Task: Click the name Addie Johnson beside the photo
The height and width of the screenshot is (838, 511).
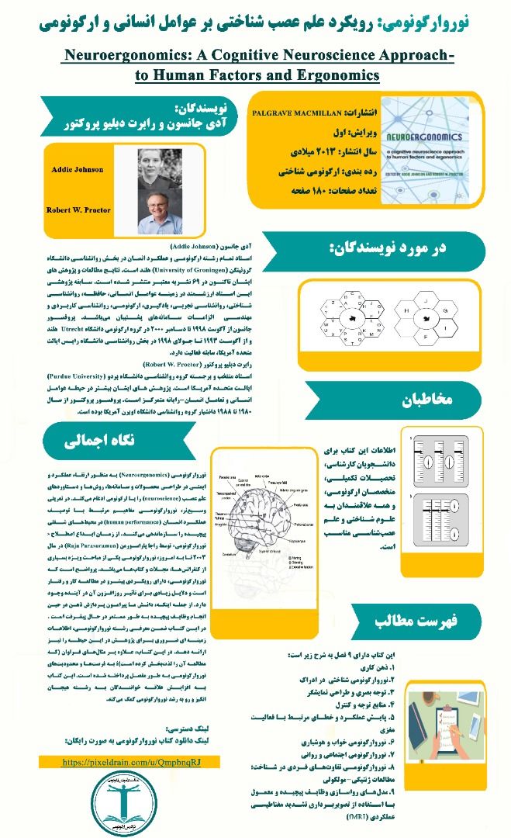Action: point(78,169)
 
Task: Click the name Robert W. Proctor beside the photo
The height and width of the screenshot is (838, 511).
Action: point(78,210)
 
